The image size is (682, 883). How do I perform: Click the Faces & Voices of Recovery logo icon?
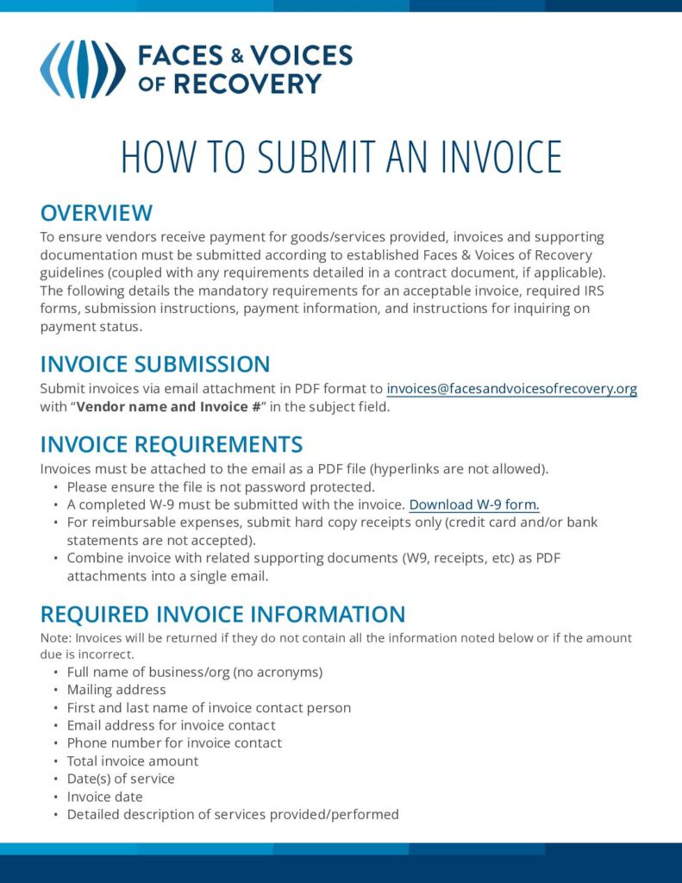[x=82, y=69]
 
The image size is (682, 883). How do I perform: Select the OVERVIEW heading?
[x=97, y=213]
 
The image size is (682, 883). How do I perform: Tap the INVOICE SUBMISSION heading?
[x=155, y=364]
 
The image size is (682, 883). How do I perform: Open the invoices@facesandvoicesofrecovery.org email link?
[x=511, y=389]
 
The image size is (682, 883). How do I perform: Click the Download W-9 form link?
[x=474, y=505]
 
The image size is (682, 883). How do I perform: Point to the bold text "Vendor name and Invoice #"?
[x=169, y=407]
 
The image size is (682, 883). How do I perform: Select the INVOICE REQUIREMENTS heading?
[x=172, y=445]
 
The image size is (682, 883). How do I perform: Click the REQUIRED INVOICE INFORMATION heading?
[x=222, y=615]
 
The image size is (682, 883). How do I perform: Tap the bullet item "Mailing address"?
[x=116, y=690]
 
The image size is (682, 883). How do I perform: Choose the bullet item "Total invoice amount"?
[x=133, y=761]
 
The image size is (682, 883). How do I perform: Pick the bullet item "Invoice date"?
[x=105, y=797]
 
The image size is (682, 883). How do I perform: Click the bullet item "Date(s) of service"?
[x=121, y=779]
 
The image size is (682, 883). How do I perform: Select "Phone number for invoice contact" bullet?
[x=174, y=743]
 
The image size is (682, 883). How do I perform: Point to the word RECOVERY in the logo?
[x=247, y=84]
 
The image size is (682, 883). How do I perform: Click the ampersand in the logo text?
[x=237, y=57]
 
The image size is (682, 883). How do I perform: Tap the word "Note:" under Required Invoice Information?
[x=56, y=639]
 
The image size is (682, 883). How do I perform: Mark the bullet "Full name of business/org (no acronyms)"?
[x=195, y=672]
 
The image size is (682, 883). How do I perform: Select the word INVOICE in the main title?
[x=501, y=157]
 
